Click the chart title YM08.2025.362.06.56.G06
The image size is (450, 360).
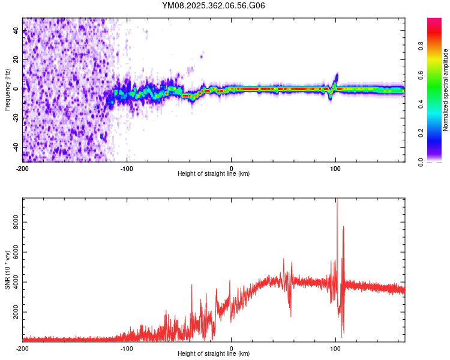[214, 6]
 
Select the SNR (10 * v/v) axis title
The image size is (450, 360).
[7, 268]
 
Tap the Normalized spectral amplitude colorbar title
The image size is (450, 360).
[445, 90]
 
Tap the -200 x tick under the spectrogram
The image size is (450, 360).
[23, 168]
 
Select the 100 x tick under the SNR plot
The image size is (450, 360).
[336, 348]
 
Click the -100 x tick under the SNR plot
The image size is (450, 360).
[127, 348]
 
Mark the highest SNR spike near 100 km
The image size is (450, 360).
[337, 200]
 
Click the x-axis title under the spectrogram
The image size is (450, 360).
[214, 174]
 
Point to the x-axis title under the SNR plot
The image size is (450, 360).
[214, 354]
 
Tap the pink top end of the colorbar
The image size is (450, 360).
[434, 21]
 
